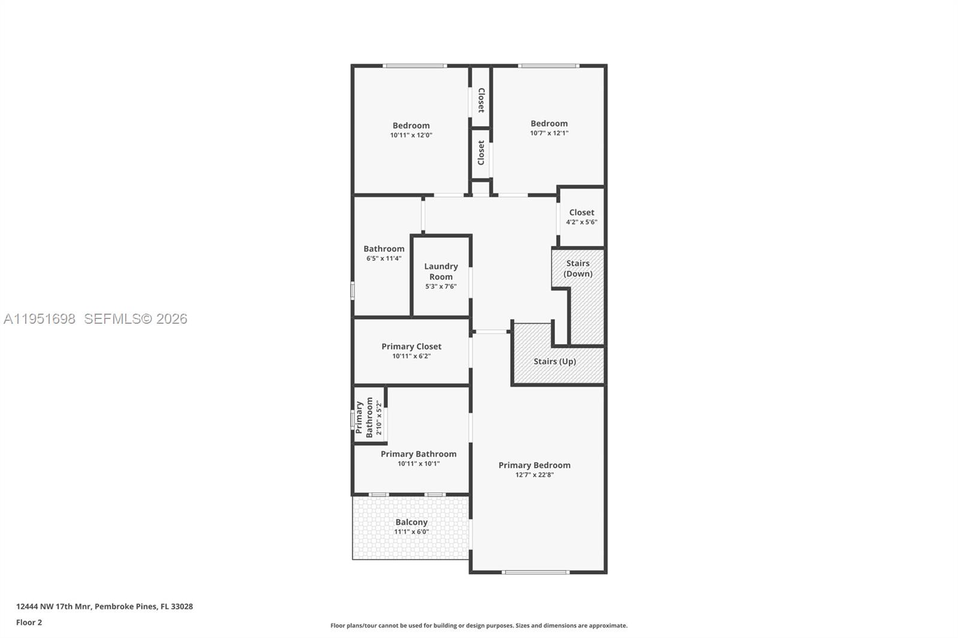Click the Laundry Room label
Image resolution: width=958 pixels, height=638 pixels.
click(x=441, y=271)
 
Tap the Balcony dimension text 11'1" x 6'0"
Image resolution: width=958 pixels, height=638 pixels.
click(x=411, y=532)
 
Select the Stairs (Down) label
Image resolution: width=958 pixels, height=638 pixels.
click(x=578, y=268)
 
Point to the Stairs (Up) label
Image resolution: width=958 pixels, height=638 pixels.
click(x=554, y=361)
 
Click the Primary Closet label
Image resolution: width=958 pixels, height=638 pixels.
click(x=411, y=347)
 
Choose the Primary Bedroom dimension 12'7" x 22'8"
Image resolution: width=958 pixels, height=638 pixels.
click(x=535, y=475)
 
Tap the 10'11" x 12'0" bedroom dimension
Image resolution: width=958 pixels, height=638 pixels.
click(x=411, y=135)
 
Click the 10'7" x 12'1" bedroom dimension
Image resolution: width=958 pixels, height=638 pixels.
click(x=549, y=133)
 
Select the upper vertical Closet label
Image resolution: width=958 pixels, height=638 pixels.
click(x=481, y=100)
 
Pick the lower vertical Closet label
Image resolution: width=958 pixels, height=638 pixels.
click(x=481, y=153)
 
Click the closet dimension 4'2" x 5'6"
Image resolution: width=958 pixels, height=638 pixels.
click(x=581, y=222)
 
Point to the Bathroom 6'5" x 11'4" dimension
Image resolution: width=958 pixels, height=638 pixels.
click(x=384, y=259)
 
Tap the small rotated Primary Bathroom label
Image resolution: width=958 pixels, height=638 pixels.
click(x=364, y=417)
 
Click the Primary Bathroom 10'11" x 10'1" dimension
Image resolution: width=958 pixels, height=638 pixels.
click(x=419, y=464)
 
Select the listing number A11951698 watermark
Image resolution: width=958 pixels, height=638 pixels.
click(x=40, y=319)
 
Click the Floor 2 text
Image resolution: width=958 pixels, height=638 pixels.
click(x=29, y=622)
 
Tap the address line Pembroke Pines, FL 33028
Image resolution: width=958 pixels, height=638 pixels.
click(x=144, y=606)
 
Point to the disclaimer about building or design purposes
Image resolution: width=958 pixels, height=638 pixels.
click(x=478, y=625)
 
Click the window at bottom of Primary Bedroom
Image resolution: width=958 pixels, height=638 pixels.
click(x=535, y=572)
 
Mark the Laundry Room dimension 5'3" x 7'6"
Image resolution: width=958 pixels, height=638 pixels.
click(x=441, y=287)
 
